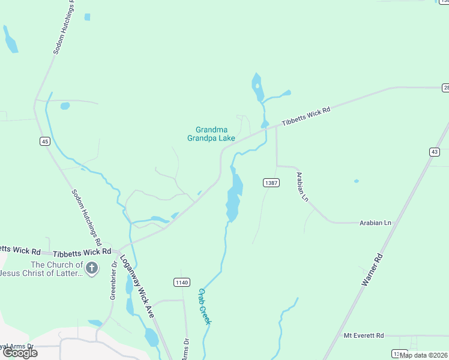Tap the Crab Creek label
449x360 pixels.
(x=205, y=307)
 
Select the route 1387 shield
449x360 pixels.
(x=271, y=182)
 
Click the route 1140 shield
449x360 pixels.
(x=182, y=282)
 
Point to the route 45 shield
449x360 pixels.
(x=45, y=142)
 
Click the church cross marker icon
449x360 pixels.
(x=91, y=268)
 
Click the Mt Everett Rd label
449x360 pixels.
(x=363, y=335)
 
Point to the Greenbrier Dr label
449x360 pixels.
(x=113, y=280)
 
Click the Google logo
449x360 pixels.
(x=20, y=353)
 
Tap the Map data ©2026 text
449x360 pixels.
(x=424, y=355)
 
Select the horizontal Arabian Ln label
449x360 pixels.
(x=375, y=223)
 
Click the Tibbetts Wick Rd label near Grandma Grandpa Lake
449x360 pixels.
(x=307, y=115)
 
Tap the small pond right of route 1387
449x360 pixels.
(x=357, y=181)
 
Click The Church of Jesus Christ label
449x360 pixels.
(x=42, y=269)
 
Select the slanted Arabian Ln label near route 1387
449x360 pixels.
(x=302, y=187)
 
